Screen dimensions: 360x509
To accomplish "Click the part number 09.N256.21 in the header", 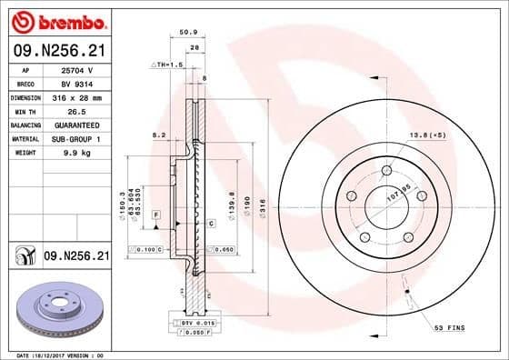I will pyautogui.click(x=59, y=53).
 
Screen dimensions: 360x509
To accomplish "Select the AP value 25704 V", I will pyautogui.click(x=78, y=68).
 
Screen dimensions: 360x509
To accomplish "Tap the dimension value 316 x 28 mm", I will pyautogui.click(x=78, y=96).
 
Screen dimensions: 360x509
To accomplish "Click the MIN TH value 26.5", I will pyautogui.click(x=78, y=110).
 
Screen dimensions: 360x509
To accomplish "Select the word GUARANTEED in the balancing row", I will pyautogui.click(x=78, y=125).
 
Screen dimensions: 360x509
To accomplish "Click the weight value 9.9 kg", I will pyautogui.click(x=78, y=153).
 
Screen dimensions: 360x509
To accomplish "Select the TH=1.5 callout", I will pyautogui.click(x=170, y=65).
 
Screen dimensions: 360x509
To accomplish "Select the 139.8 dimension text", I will pyautogui.click(x=235, y=200).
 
